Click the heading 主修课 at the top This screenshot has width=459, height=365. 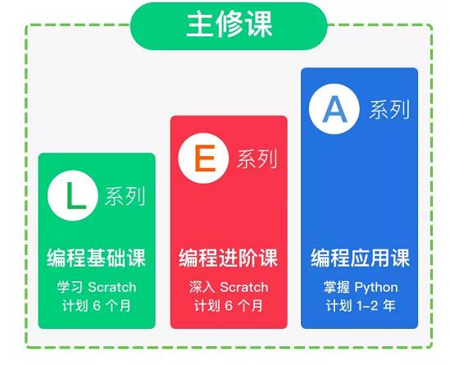tap(229, 23)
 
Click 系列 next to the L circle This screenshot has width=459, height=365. tap(125, 197)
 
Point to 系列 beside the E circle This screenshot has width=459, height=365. tap(256, 158)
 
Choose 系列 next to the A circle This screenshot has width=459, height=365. tap(388, 110)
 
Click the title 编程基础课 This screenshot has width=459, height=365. tap(97, 259)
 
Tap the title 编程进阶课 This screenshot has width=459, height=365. tap(229, 259)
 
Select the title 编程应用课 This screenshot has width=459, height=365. tap(360, 259)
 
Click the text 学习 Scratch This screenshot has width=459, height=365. tap(97, 287)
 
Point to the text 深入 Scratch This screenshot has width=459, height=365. tap(229, 287)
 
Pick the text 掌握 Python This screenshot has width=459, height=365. tap(360, 287)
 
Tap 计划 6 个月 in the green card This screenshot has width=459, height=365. tap(97, 306)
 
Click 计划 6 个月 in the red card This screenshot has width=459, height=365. tap(229, 306)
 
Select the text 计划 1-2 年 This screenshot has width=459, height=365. tap(360, 306)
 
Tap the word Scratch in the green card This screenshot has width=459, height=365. tap(111, 287)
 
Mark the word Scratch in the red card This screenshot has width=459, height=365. tap(243, 287)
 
